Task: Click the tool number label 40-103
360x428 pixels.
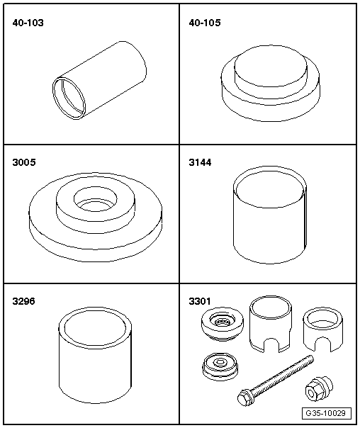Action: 28,23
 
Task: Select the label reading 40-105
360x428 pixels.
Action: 204,23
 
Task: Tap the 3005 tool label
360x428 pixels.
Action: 24,162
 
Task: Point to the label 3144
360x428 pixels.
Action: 200,162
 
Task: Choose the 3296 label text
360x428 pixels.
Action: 24,301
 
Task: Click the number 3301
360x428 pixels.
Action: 200,301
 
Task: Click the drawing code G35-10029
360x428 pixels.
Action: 325,413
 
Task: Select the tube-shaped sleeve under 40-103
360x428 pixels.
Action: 99,81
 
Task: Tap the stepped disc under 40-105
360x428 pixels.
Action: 270,83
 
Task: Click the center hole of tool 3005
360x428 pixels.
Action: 95,200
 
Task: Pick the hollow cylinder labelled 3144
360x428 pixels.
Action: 270,215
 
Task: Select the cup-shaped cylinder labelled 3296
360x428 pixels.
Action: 95,355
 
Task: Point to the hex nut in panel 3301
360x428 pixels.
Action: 319,389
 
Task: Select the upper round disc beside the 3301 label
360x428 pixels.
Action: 223,323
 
